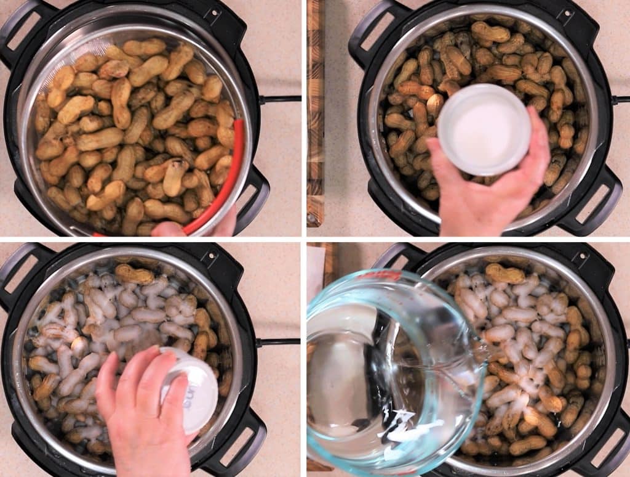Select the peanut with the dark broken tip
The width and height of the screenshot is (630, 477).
click(x=173, y=176)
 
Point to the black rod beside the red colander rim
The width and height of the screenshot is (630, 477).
click(x=280, y=99)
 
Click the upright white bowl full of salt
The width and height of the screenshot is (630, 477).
click(x=484, y=129)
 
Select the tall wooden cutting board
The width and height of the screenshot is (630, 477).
click(x=315, y=111)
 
